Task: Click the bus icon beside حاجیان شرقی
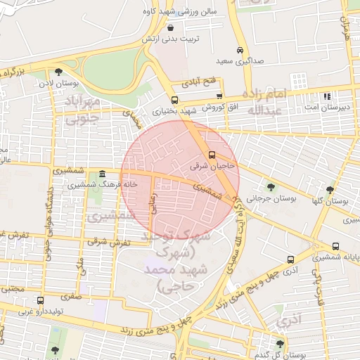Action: coord(212,155)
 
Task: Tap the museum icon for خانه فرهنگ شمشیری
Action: coord(103,174)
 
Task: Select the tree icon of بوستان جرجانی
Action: coord(271,187)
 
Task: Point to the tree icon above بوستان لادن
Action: coord(58,72)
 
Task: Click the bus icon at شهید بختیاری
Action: coord(174,100)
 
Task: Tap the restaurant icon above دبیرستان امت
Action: coord(326,96)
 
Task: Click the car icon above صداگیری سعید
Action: coord(240,51)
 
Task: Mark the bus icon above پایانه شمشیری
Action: coord(336,247)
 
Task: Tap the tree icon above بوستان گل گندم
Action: coord(281,344)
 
